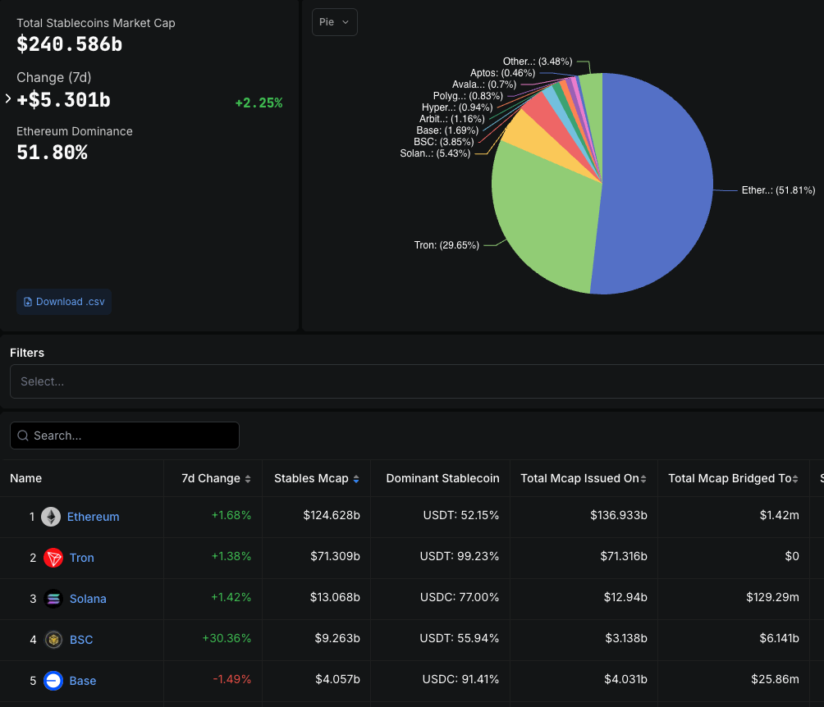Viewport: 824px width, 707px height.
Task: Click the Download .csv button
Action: coord(64,302)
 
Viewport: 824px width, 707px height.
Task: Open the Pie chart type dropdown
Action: coord(334,22)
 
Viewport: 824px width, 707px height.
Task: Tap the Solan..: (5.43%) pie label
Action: coord(435,153)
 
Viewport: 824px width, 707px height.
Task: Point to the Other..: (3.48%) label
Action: coord(538,62)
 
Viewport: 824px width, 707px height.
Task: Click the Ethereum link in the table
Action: coord(93,517)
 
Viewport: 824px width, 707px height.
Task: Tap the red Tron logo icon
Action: coord(53,558)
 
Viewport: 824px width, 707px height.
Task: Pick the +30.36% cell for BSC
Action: coord(227,640)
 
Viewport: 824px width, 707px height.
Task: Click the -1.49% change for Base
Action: coord(231,681)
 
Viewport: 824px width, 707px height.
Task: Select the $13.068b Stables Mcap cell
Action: coord(335,599)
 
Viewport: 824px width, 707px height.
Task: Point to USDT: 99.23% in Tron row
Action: coord(460,558)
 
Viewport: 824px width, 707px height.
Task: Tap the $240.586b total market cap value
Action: coord(70,44)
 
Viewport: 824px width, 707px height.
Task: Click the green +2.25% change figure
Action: coord(259,103)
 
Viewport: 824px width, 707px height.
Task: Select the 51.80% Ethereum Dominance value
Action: coord(52,153)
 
